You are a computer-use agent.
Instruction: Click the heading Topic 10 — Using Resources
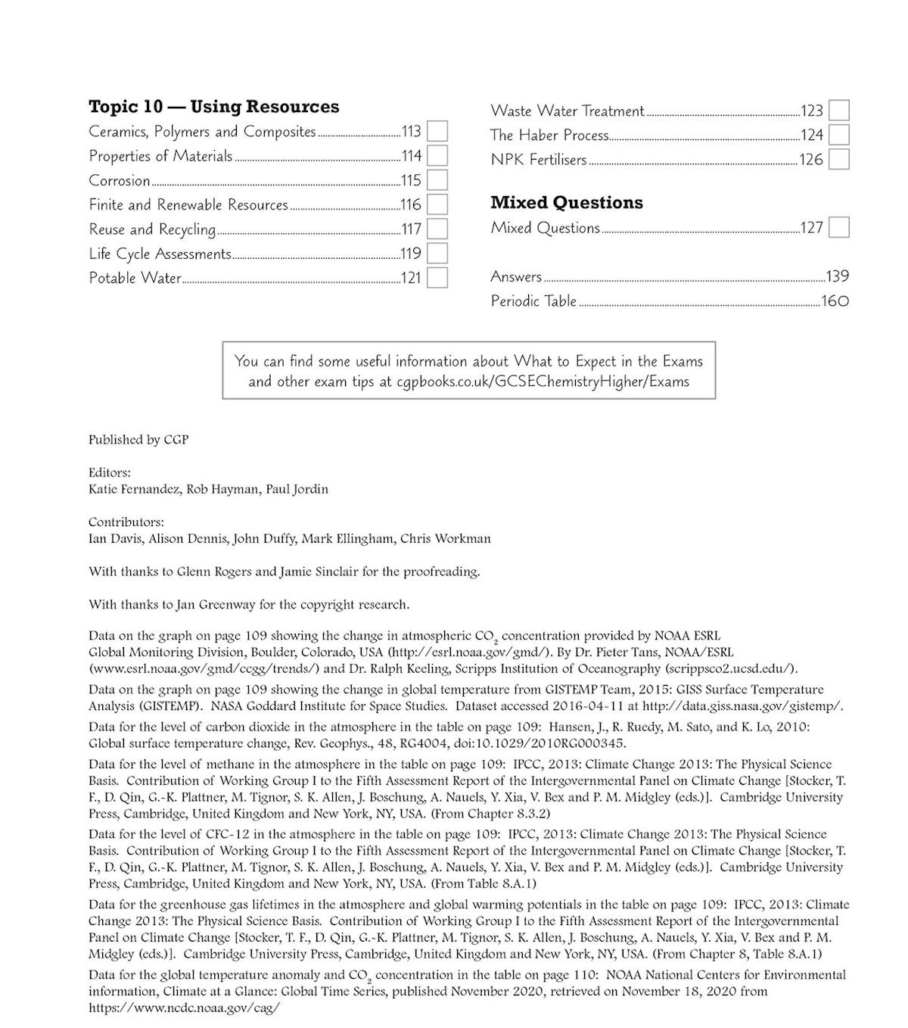[x=213, y=107]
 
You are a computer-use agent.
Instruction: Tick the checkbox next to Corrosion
[x=437, y=180]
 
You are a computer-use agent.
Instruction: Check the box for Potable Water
[x=437, y=278]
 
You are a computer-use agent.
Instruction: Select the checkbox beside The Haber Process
[x=838, y=135]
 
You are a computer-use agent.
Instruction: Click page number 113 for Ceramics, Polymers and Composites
[x=411, y=132]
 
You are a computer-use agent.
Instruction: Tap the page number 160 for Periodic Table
[x=835, y=301]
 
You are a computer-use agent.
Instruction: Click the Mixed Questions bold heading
[x=566, y=203]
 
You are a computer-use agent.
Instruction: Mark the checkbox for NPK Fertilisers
[x=838, y=160]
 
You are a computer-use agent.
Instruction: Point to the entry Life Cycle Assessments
[x=160, y=254]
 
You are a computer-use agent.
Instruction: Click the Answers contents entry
[x=516, y=276]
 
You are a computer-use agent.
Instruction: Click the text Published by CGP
[x=138, y=440]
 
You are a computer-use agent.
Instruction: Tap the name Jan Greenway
[x=211, y=605]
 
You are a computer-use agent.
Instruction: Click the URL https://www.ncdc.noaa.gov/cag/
[x=184, y=1008]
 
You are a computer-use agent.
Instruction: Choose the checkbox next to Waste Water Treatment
[x=838, y=111]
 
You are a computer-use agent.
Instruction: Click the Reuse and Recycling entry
[x=152, y=229]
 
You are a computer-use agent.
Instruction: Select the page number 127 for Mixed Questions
[x=811, y=228]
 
